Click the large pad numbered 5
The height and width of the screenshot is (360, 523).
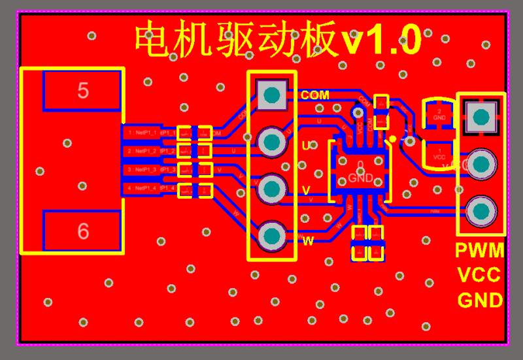82,90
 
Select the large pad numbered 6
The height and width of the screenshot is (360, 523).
82,231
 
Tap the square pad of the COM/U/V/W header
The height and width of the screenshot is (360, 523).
271,95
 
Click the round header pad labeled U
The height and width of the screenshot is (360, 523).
271,141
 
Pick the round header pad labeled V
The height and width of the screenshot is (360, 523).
271,189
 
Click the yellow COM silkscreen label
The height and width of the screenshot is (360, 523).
314,95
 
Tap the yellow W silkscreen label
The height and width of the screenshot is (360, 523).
308,241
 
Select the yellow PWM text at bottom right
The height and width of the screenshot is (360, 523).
480,251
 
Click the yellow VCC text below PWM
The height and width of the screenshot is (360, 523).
479,275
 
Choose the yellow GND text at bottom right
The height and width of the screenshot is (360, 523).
480,300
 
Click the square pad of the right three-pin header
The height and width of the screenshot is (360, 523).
481,118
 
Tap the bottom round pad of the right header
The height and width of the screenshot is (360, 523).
481,211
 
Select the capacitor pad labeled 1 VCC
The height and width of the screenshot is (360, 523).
439,154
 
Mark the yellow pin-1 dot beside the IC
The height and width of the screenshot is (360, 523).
392,139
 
